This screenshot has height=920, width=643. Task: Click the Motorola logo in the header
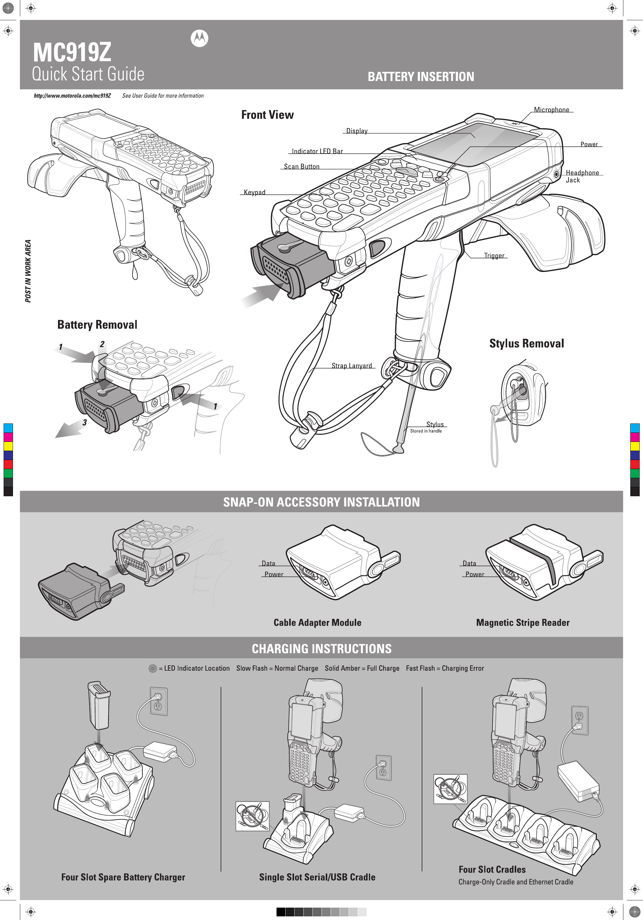pyautogui.click(x=199, y=38)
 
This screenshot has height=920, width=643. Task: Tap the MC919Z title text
pyautogui.click(x=72, y=53)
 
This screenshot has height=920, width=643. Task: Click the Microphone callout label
pyautogui.click(x=551, y=110)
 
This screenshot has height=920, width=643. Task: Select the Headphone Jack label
pyautogui.click(x=582, y=176)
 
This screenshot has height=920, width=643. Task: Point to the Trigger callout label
pyautogui.click(x=494, y=256)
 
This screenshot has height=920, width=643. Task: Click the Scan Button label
pyautogui.click(x=302, y=167)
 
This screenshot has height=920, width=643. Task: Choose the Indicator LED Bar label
pyautogui.click(x=317, y=151)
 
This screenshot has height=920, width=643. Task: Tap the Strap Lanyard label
pyautogui.click(x=352, y=366)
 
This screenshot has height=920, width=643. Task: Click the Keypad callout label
pyautogui.click(x=254, y=192)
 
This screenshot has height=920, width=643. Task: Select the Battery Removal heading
pyautogui.click(x=97, y=324)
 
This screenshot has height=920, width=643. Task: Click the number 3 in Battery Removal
pyautogui.click(x=85, y=422)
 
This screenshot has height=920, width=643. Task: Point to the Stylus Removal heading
pyautogui.click(x=526, y=343)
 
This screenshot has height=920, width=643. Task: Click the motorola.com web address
pyautogui.click(x=72, y=96)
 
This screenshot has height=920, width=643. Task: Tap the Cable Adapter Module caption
pyautogui.click(x=317, y=622)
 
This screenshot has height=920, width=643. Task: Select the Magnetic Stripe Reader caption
pyautogui.click(x=522, y=622)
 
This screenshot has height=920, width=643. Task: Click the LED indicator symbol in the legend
pyautogui.click(x=152, y=668)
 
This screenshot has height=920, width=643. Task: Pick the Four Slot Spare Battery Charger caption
pyautogui.click(x=123, y=877)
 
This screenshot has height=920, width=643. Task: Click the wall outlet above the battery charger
pyautogui.click(x=158, y=701)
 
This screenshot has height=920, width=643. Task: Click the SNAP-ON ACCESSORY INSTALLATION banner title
pyautogui.click(x=321, y=502)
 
